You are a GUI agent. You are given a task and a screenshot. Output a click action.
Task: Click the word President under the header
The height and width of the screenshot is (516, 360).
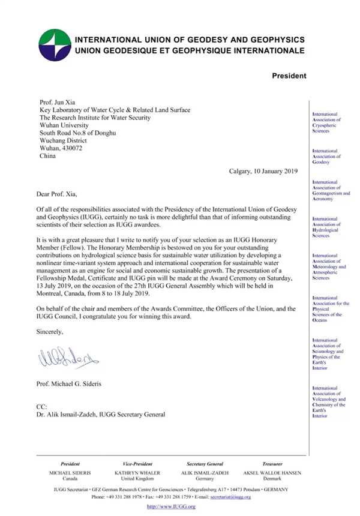(x=289, y=76)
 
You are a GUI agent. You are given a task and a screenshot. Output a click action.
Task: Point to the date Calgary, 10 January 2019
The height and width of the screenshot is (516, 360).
(x=268, y=171)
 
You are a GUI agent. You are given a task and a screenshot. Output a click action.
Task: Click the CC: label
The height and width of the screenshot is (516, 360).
(x=42, y=406)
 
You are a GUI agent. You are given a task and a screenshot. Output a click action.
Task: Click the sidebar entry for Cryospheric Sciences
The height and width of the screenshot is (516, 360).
(x=326, y=122)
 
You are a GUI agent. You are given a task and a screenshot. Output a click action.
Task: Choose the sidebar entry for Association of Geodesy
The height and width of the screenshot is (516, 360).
(x=326, y=157)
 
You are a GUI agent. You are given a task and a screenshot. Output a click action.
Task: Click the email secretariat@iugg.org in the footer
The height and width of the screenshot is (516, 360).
(x=251, y=497)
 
